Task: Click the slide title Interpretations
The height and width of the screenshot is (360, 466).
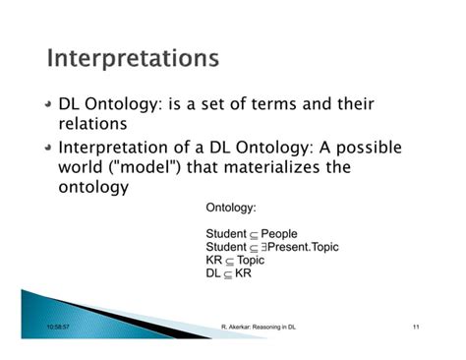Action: [x=133, y=58]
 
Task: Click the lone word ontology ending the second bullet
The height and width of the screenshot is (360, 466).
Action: [x=94, y=189]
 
